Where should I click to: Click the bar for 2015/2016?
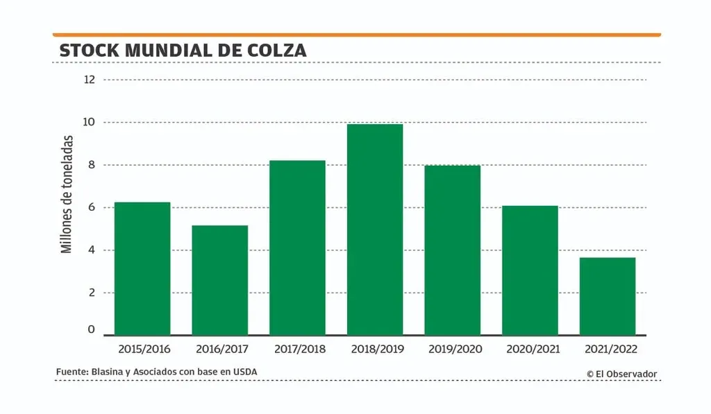(x=142, y=269)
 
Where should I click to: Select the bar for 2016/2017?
(x=220, y=281)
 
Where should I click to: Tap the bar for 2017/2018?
(x=298, y=248)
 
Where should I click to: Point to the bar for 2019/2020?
(x=453, y=250)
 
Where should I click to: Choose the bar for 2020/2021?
(x=530, y=271)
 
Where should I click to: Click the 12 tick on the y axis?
(x=89, y=80)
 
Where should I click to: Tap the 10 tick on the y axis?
(x=89, y=123)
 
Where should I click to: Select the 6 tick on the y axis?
(x=90, y=207)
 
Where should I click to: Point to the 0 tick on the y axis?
(x=90, y=330)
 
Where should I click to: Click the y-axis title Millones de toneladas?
(x=67, y=193)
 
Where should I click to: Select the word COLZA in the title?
(x=277, y=51)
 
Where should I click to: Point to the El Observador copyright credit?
(x=621, y=374)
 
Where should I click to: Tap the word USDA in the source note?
(x=244, y=372)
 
